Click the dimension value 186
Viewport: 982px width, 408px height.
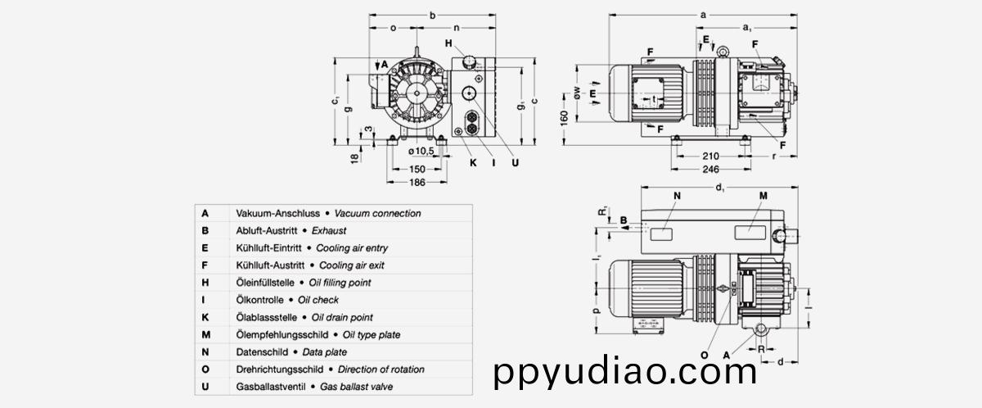point(417,182)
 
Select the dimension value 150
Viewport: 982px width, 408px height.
point(417,169)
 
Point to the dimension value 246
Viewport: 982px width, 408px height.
point(710,169)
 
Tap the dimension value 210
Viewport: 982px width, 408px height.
point(710,156)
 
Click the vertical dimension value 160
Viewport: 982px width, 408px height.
point(564,118)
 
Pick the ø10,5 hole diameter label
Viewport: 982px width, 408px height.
point(421,151)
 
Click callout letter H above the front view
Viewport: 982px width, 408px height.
point(448,43)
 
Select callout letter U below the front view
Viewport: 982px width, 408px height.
point(515,163)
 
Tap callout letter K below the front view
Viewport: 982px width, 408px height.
point(473,163)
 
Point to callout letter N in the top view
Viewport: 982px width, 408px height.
point(677,196)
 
